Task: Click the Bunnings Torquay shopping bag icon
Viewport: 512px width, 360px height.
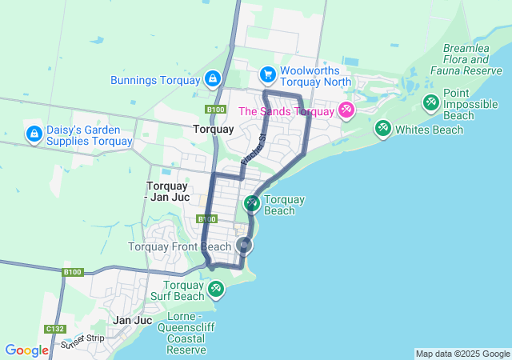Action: [212, 78]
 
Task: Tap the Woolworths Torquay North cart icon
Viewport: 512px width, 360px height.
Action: [268, 75]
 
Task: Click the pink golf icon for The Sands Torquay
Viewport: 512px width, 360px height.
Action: [346, 110]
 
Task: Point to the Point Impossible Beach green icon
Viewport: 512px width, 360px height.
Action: [430, 102]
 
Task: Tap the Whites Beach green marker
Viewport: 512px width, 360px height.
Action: [382, 128]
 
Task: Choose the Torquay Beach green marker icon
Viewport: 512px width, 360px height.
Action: [251, 204]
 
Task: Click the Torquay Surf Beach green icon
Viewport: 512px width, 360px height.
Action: [214, 288]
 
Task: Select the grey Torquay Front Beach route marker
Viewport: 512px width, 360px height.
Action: [244, 246]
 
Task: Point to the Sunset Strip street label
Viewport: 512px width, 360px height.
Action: [82, 342]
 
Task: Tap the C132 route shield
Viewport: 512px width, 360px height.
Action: [54, 329]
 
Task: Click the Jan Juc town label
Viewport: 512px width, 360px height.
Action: [133, 320]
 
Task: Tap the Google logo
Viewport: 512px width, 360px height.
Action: [26, 350]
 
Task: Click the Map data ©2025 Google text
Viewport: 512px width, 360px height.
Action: [462, 354]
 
